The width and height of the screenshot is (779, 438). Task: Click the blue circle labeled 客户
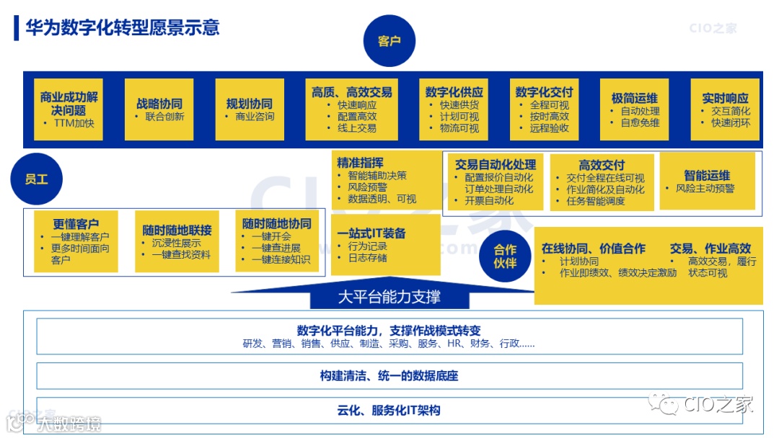pos(389,41)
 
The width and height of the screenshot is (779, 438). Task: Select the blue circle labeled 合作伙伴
pos(505,256)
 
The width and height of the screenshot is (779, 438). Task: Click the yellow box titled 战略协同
pos(159,109)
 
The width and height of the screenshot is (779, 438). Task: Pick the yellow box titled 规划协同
pos(250,109)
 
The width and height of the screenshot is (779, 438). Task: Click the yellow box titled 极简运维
pos(634,109)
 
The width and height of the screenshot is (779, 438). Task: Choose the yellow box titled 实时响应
pos(725,109)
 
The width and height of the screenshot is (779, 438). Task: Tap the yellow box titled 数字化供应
pos(454,109)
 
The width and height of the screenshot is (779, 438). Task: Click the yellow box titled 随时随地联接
pos(177,241)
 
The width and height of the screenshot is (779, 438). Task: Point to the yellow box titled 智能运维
pos(707,181)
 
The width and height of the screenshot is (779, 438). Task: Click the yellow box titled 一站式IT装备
pos(385,245)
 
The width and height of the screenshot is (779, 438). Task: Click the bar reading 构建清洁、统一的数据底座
pos(389,375)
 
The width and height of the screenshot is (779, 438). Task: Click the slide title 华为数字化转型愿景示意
pos(122,28)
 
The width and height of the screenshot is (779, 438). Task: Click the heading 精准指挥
pos(360,162)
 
